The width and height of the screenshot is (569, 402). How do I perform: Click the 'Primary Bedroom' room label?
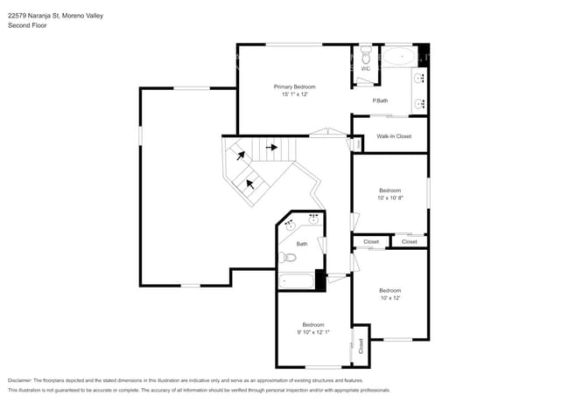tap(294, 87)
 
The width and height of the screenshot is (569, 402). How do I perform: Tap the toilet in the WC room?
tap(366, 56)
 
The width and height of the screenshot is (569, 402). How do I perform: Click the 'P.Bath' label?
tap(380, 100)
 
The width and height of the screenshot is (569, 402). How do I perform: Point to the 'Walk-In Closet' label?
tap(393, 136)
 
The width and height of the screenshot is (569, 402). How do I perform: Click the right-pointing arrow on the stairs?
tap(272, 148)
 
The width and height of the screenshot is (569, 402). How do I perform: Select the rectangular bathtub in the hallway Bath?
tap(295, 281)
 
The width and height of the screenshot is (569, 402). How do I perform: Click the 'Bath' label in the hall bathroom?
tap(301, 244)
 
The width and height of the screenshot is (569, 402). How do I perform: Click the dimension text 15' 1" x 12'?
tap(294, 94)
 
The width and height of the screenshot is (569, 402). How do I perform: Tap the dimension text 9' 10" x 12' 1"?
tap(313, 332)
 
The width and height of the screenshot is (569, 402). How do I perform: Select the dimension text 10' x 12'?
tap(390, 298)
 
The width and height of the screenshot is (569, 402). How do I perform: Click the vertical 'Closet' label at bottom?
tap(361, 346)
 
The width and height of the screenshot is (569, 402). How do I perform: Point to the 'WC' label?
tap(366, 68)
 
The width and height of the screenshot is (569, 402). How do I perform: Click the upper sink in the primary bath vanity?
tap(421, 78)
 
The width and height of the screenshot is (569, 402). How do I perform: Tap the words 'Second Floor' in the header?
tap(27, 25)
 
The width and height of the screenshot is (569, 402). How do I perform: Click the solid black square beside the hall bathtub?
tap(320, 281)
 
